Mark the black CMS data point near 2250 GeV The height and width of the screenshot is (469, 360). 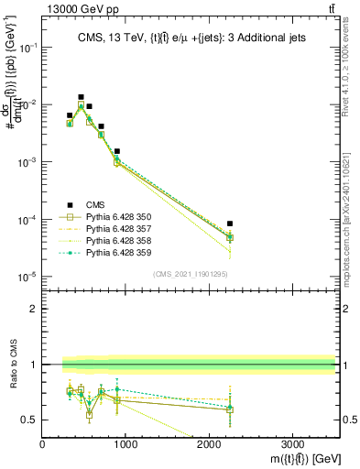tap(230, 224)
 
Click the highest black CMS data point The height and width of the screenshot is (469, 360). tap(81, 97)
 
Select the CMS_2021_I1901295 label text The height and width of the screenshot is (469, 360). tap(190, 274)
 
